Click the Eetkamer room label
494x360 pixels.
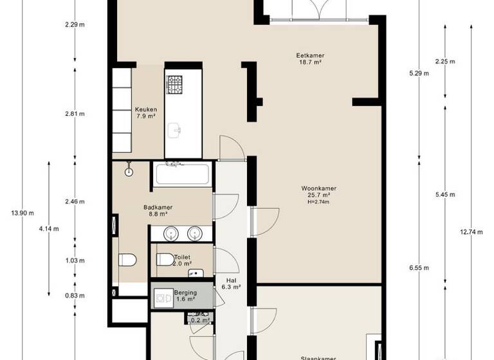310,59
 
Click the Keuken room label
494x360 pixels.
145,113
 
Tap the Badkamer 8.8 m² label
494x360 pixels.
158,211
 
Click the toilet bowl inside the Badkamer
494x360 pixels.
127,260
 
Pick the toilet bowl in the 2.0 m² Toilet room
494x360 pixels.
165,260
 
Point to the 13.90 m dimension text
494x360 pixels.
23,213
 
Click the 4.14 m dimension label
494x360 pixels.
49,228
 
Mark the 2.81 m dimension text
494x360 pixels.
75,114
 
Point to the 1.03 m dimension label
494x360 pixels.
75,260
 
